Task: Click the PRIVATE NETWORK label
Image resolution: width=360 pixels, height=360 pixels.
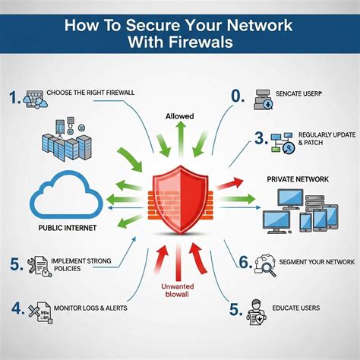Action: (x=298, y=179)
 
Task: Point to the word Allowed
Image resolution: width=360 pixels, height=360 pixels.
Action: (x=179, y=116)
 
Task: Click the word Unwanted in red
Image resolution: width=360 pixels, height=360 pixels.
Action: (x=180, y=286)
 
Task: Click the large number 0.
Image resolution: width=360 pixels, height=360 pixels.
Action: (x=236, y=94)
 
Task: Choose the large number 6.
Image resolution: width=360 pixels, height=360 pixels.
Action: (x=245, y=262)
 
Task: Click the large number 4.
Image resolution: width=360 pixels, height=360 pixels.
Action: (x=16, y=309)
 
